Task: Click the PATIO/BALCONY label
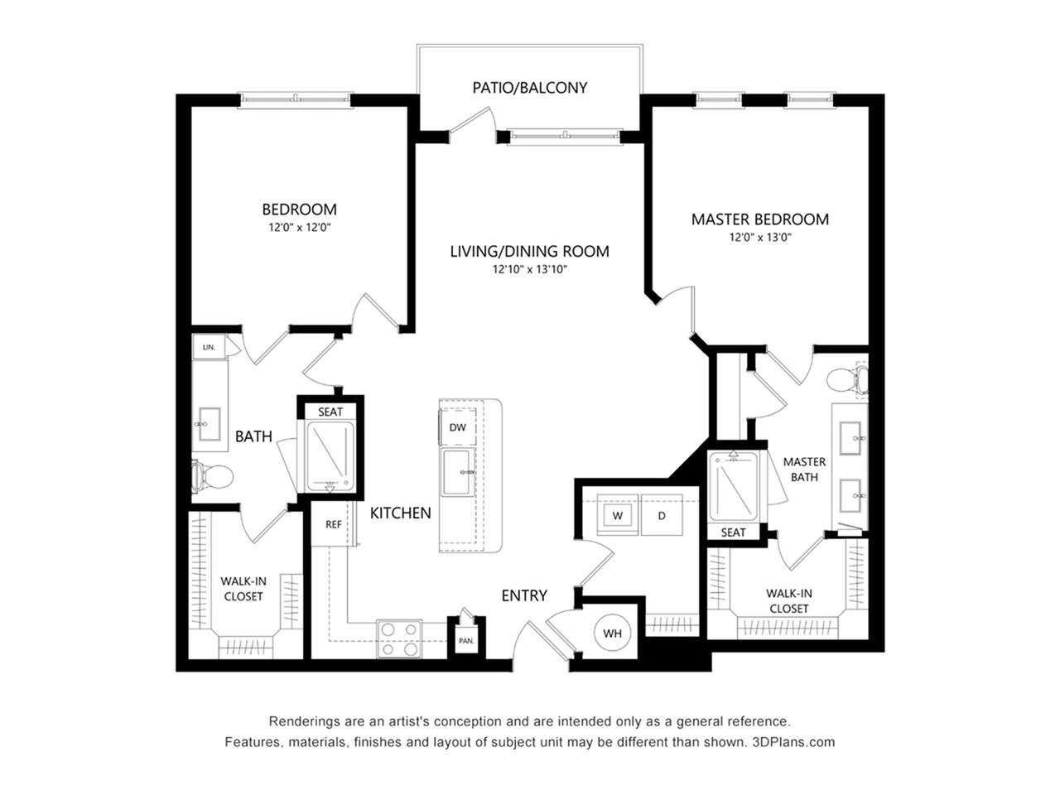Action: (x=529, y=88)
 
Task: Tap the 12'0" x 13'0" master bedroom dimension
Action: (x=760, y=238)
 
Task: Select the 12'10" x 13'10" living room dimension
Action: (x=529, y=269)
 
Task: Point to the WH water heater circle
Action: (x=612, y=633)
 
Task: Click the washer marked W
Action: (x=618, y=515)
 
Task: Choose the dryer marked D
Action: (x=662, y=515)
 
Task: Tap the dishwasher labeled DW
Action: (x=457, y=426)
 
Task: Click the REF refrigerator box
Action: (x=333, y=524)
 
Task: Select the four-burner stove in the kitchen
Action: (x=399, y=638)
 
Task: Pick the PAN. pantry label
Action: (x=466, y=641)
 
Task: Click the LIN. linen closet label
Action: (x=209, y=347)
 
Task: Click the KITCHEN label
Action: (x=400, y=513)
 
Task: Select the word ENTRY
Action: (x=524, y=595)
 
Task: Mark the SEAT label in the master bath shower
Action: (x=733, y=532)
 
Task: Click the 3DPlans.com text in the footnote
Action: (x=793, y=742)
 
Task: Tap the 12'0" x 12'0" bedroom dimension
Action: (x=300, y=227)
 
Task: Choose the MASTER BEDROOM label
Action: (x=760, y=219)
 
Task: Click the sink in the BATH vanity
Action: (x=210, y=424)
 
